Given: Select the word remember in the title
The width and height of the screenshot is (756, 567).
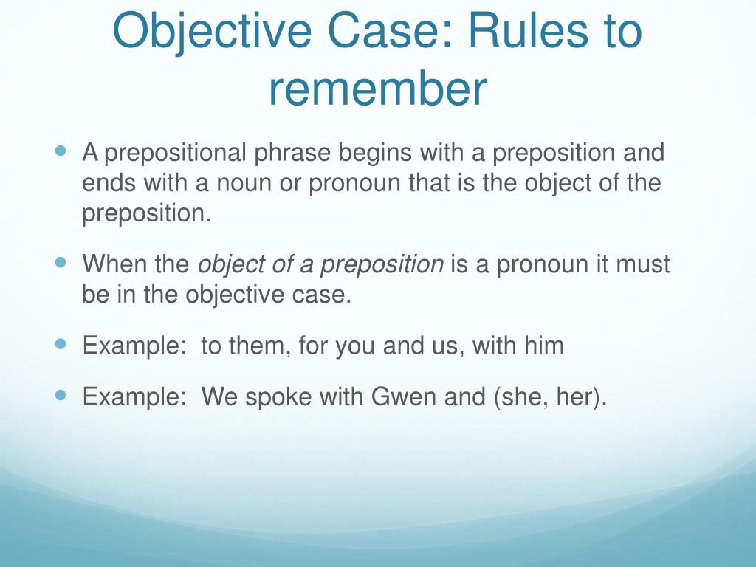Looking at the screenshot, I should (x=377, y=89).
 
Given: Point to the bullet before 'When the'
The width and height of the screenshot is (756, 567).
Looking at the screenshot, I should (x=61, y=263).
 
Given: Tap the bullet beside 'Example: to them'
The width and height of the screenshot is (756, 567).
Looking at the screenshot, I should (x=61, y=344).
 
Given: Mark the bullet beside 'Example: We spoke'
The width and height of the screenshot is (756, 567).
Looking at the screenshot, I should (x=61, y=396).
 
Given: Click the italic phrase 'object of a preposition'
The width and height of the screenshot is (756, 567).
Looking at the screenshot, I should (x=321, y=264).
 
